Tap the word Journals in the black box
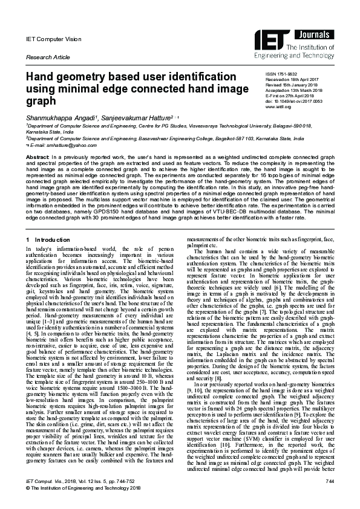pyautogui.click(x=318, y=35)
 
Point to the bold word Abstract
pyautogui.click(x=37, y=157)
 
